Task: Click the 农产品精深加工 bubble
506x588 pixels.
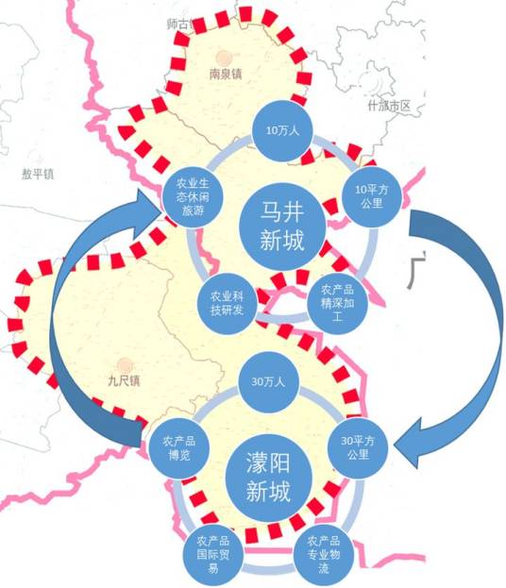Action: [337, 303]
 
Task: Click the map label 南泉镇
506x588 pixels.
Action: [226, 71]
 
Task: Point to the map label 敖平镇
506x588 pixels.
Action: [38, 174]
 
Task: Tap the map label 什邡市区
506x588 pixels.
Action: [390, 106]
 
